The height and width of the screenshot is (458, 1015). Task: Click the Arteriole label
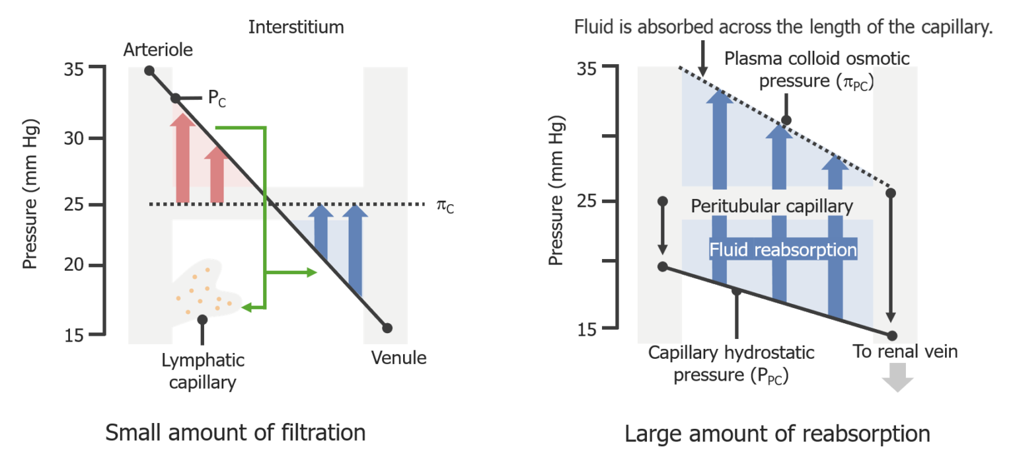pos(158,50)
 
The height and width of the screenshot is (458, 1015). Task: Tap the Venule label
pos(398,358)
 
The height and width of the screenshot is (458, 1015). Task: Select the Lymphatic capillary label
pos(203,371)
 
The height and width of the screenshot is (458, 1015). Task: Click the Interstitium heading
pos(296,27)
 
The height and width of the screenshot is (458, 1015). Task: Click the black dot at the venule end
pos(387,328)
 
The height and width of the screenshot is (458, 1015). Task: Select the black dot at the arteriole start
pos(149,70)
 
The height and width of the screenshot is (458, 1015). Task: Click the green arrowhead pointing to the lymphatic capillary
pos(246,307)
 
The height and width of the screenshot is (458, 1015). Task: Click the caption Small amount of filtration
pos(235,433)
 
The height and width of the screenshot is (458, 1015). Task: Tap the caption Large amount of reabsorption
pos(777,434)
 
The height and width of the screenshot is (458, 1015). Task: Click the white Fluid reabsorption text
pos(783,250)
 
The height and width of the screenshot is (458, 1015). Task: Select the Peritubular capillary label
pos(772,207)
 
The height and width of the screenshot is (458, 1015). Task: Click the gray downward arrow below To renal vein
pos(897,379)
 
